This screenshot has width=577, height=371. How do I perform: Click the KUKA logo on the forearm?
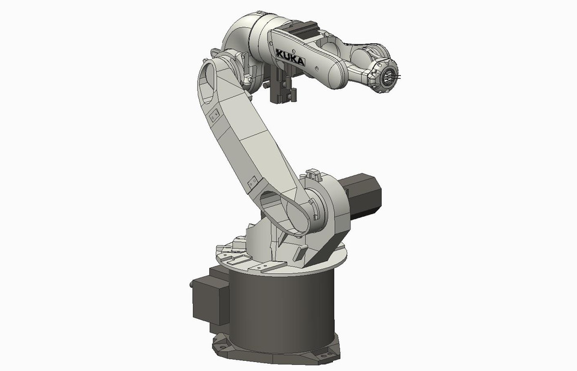[290, 58]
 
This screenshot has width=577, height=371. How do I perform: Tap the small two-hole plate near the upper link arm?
[213, 114]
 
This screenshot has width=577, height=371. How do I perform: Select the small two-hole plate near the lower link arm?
[252, 181]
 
